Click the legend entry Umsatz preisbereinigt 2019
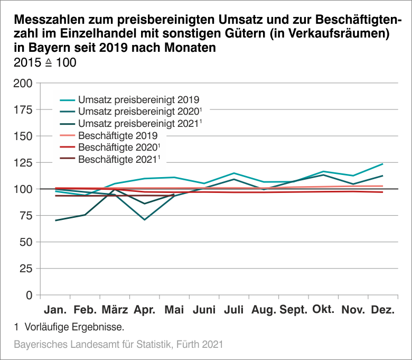point(138,99)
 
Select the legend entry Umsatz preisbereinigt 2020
point(138,112)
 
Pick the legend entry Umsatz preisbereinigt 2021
point(138,123)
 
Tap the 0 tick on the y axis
point(30,295)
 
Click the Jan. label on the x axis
point(55,310)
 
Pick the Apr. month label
point(144,310)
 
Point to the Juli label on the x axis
point(233,310)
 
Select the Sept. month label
point(293,310)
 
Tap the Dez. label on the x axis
point(382,310)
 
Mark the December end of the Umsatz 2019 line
point(382,164)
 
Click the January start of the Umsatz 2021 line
point(55,220)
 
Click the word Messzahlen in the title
point(51,21)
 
